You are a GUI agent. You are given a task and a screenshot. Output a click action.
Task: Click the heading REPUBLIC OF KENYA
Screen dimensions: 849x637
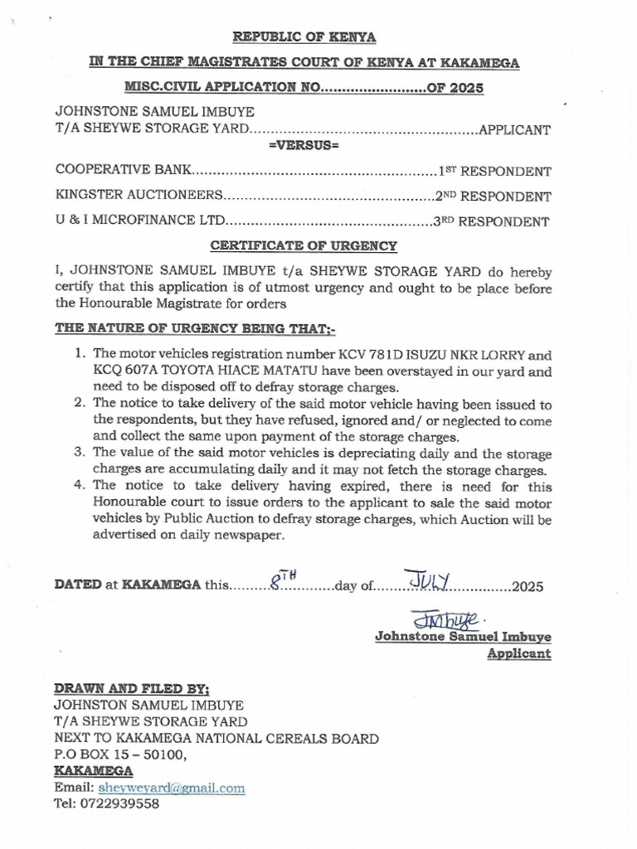coord(304,37)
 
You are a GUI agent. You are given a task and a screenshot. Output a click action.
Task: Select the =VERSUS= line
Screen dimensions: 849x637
coord(304,146)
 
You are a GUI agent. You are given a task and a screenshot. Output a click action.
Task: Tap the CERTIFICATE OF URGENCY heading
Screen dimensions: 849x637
coord(304,246)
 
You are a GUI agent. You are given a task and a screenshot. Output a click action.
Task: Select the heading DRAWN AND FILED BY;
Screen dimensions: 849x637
coord(132,688)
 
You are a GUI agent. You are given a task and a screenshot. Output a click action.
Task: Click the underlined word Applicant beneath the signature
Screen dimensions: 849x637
coord(518,653)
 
